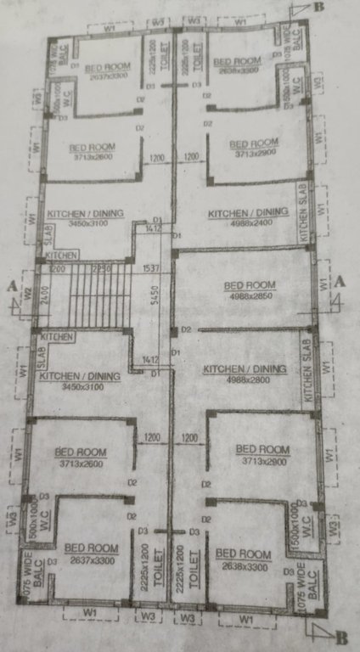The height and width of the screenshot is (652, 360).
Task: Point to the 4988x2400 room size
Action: pos(248,223)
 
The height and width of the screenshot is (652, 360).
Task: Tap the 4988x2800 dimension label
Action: pos(245,381)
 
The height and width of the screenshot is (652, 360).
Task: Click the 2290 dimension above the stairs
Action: pos(100,269)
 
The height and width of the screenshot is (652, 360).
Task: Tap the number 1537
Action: pos(153,269)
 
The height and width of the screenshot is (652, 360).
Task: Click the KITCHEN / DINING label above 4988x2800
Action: pos(245,370)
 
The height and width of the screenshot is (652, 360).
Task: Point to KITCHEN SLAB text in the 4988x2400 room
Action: pos(303,212)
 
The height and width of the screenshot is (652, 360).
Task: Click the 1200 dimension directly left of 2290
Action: pos(57,269)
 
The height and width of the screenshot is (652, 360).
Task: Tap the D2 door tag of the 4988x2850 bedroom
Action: pos(185,329)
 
